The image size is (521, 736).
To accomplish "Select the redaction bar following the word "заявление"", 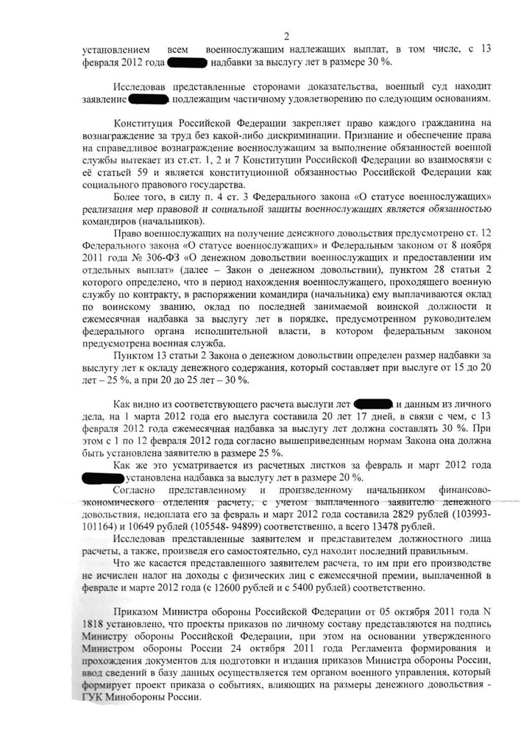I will [x=149, y=98].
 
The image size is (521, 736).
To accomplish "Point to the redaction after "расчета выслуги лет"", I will [x=373, y=404].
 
